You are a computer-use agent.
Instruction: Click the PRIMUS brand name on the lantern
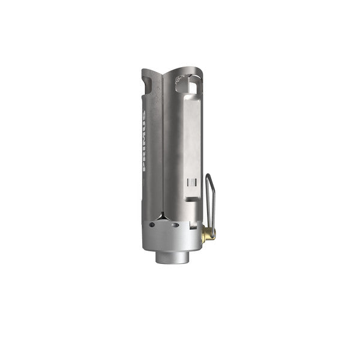[144, 141]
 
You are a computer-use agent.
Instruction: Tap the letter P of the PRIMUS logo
[144, 168]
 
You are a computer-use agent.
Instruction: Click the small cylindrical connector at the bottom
[173, 257]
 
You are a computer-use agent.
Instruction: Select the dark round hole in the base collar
[152, 225]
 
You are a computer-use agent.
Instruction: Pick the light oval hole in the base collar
[175, 225]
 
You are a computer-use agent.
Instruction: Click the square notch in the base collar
[193, 226]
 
